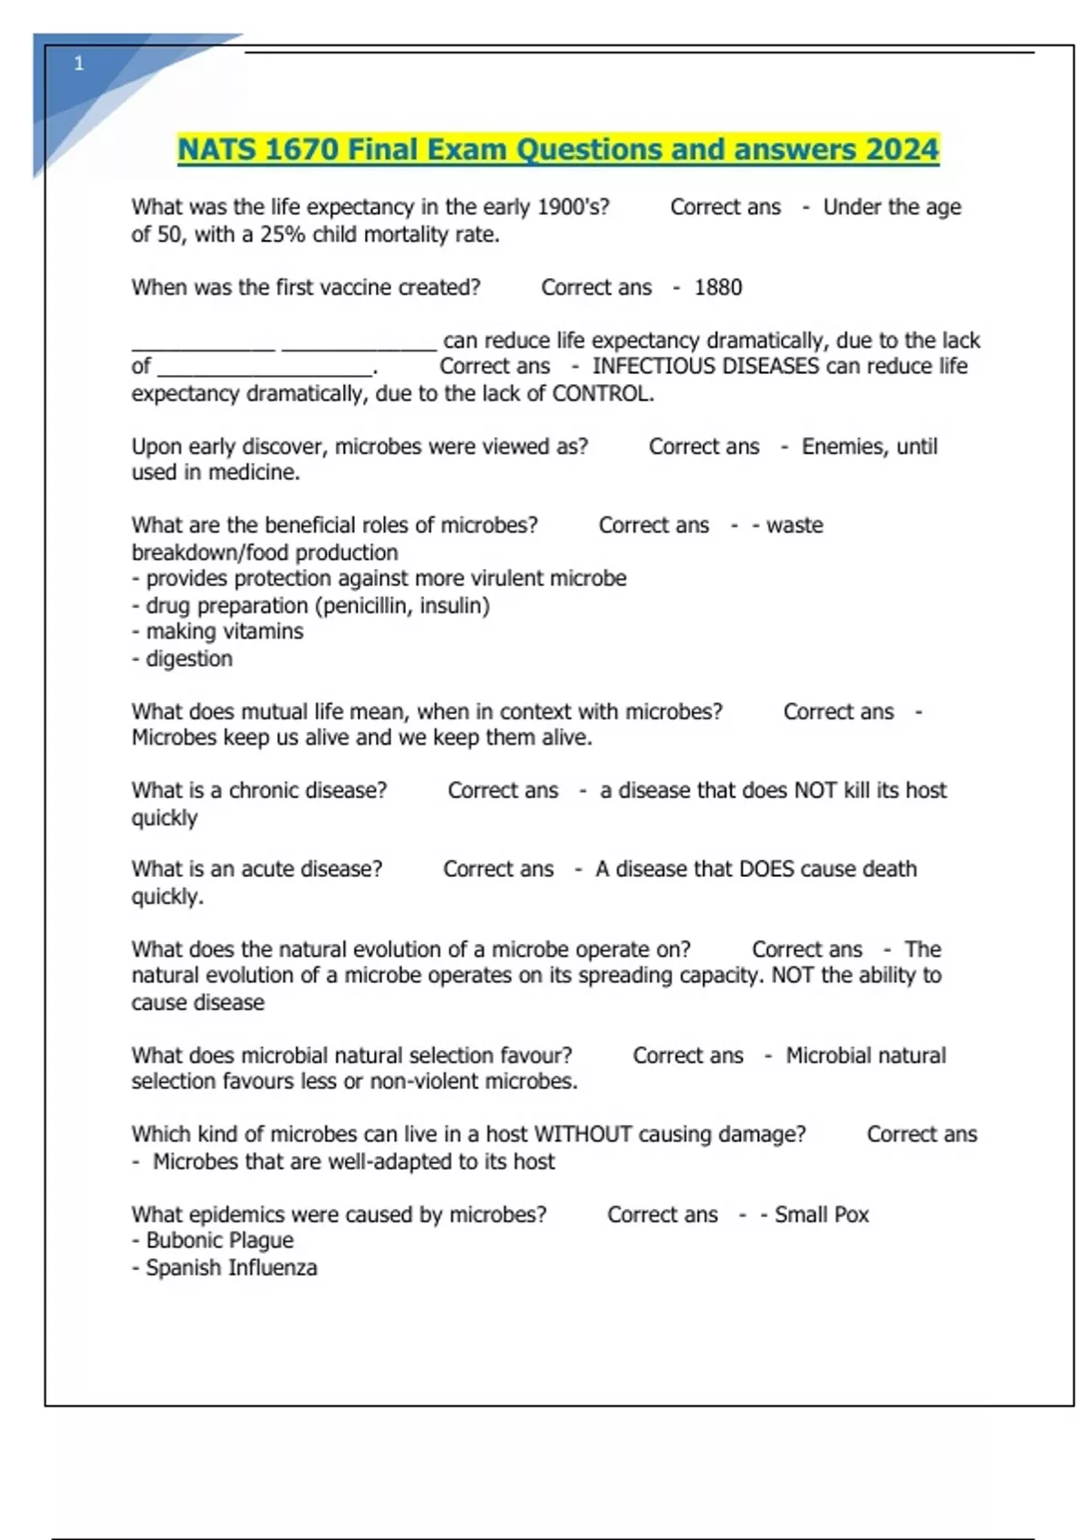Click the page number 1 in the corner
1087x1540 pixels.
79,63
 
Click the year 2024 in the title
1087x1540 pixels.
901,149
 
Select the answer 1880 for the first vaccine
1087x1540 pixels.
717,288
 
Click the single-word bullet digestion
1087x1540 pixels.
188,659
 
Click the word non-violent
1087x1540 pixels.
425,1082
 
